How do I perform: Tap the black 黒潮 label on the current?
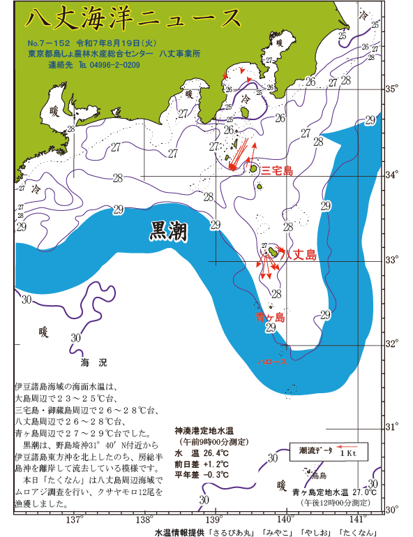coord(167,233)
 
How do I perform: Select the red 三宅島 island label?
coord(276,170)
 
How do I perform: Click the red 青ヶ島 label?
coord(270,318)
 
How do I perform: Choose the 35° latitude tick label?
coord(393,89)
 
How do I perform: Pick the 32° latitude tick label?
coord(393,344)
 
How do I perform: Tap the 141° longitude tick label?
coord(358,521)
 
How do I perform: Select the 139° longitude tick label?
coord(216,521)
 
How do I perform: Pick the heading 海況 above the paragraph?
coord(93,363)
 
